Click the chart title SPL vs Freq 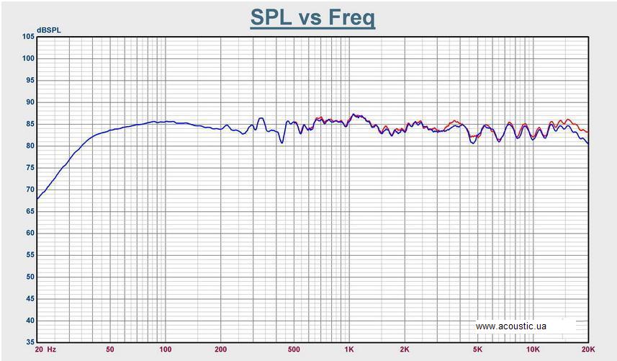[x=312, y=17]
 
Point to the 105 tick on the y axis [x=28, y=36]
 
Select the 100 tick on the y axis [x=28, y=58]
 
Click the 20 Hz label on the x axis [x=45, y=349]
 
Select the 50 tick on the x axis [x=110, y=349]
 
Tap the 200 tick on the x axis [x=221, y=349]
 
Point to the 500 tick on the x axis [x=294, y=349]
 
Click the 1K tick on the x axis [x=349, y=349]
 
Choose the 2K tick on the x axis [x=405, y=349]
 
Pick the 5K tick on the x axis [x=477, y=349]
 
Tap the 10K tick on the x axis [x=533, y=349]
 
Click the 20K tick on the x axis [x=587, y=349]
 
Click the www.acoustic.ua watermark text [x=511, y=326]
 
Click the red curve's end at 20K [x=588, y=133]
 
